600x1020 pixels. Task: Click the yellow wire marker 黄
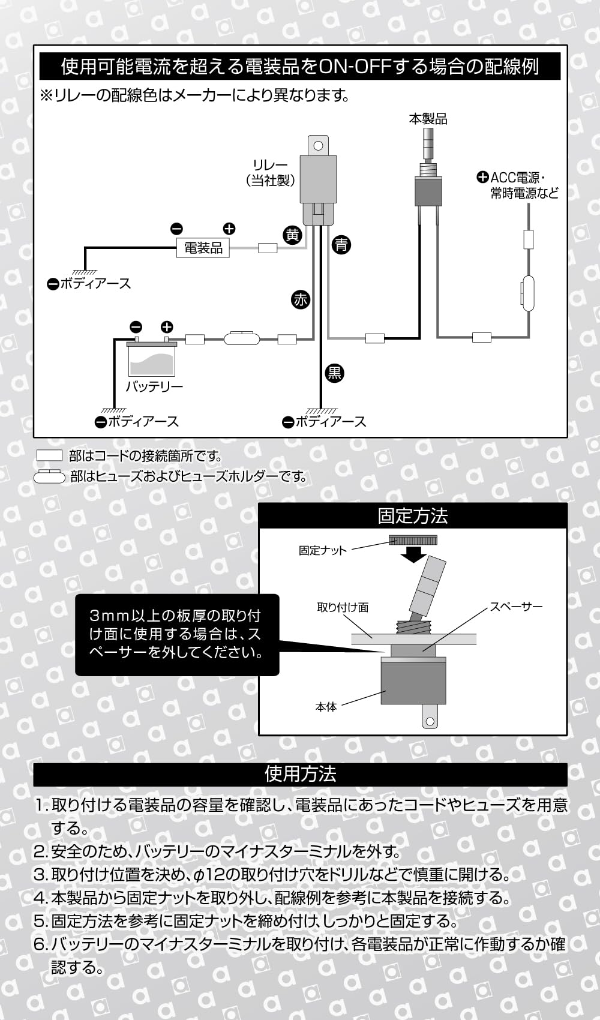(x=292, y=235)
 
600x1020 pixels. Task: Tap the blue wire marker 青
(x=341, y=245)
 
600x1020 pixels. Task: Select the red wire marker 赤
(x=300, y=299)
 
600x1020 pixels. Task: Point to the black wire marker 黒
(x=334, y=373)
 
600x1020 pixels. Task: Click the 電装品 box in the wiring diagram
(x=203, y=248)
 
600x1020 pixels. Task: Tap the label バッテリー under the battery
(x=154, y=387)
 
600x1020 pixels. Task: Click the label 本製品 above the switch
(x=428, y=119)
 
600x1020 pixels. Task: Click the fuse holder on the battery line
(x=241, y=339)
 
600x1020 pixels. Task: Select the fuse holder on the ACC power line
(x=527, y=294)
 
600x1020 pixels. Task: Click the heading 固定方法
(x=413, y=516)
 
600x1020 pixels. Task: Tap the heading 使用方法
(x=300, y=774)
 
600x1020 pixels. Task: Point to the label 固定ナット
(x=323, y=550)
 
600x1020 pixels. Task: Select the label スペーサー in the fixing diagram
(x=516, y=607)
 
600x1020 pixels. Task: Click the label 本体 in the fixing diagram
(x=326, y=707)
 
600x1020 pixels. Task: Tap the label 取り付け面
(x=343, y=607)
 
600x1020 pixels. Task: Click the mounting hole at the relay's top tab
(x=319, y=145)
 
